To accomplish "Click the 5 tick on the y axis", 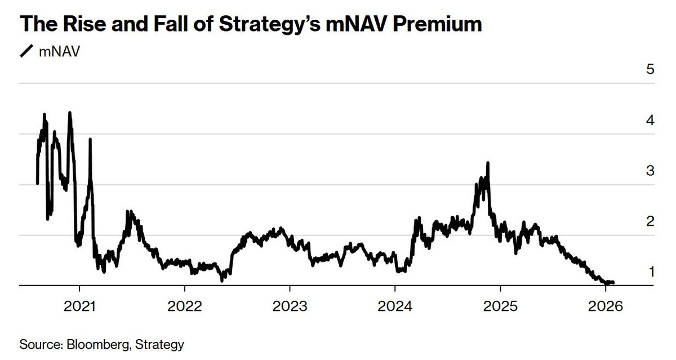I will pos(651,70).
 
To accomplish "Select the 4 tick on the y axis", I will pos(651,121).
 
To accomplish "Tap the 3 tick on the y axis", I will pos(651,171).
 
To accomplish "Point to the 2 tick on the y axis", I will pos(651,221).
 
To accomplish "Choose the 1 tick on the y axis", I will pos(651,272).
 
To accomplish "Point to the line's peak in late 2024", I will pos(487,163).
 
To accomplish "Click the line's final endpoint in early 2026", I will pos(613,282).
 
